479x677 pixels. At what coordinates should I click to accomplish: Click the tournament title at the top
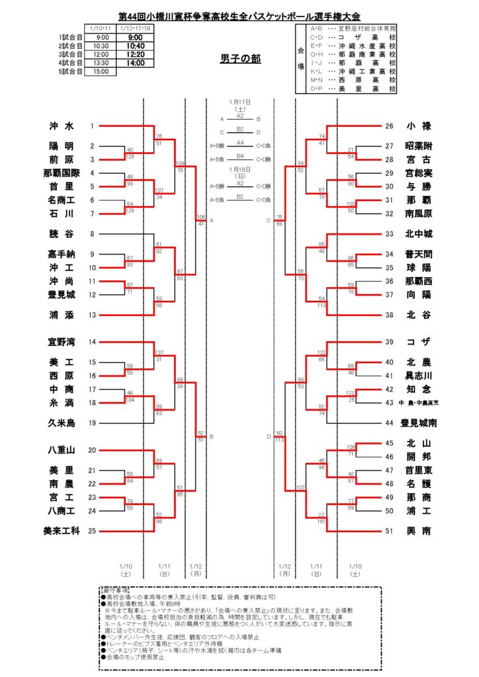pyautogui.click(x=239, y=16)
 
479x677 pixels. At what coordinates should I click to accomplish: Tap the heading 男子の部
pyautogui.click(x=239, y=59)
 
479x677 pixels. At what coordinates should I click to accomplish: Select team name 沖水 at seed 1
pyautogui.click(x=61, y=126)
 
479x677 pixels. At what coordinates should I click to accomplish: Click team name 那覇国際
pyautogui.click(x=61, y=173)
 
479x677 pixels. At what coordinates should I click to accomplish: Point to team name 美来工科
pyautogui.click(x=61, y=530)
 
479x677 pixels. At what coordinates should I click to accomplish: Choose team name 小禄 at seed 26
pyautogui.click(x=417, y=126)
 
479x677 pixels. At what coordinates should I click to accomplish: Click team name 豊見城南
pyautogui.click(x=418, y=422)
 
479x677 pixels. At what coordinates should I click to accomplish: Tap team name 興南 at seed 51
pyautogui.click(x=417, y=530)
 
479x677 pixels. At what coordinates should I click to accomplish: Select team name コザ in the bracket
pyautogui.click(x=417, y=342)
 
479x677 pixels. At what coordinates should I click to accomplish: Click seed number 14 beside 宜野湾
pyautogui.click(x=93, y=342)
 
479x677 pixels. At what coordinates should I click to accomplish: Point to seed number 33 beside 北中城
pyautogui.click(x=389, y=234)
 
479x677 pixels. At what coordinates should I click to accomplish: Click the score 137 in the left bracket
pyautogui.click(x=159, y=352)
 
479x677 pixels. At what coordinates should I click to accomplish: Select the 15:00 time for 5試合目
pyautogui.click(x=101, y=71)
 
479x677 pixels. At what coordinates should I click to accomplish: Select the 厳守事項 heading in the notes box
pyautogui.click(x=114, y=588)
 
